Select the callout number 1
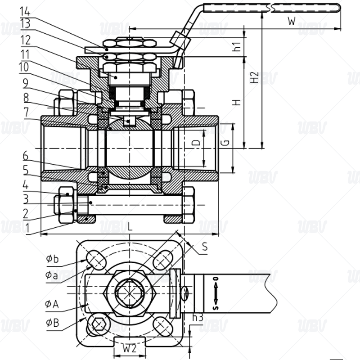click(x=27, y=228)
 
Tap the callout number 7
click(x=26, y=112)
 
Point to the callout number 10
click(x=24, y=67)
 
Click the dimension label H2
click(x=254, y=77)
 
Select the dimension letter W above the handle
click(x=292, y=21)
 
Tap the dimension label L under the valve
click(x=130, y=227)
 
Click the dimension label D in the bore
click(x=196, y=143)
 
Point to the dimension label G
click(x=225, y=143)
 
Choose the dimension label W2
click(x=130, y=348)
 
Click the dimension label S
click(x=205, y=247)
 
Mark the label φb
click(x=52, y=259)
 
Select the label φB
click(x=52, y=323)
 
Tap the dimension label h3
click(x=198, y=318)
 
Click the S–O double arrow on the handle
click(x=216, y=293)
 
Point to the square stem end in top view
click(x=130, y=293)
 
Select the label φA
click(x=52, y=304)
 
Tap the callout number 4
click(x=26, y=185)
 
